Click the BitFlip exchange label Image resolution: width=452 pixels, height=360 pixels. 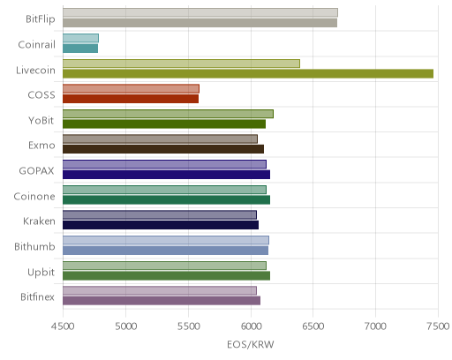[41, 19]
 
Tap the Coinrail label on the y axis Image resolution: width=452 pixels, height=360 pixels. [36, 45]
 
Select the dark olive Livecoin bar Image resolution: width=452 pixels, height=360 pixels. [248, 73]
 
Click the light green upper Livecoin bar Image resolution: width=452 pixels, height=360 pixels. [181, 64]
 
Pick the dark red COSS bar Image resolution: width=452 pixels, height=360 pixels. [131, 99]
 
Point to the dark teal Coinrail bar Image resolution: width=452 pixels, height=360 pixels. [80, 49]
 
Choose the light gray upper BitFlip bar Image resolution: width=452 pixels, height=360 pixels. [200, 12]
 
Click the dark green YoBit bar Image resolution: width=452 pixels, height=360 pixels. [164, 124]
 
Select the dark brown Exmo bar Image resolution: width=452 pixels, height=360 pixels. [163, 149]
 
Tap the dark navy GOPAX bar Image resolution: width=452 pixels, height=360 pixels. [166, 175]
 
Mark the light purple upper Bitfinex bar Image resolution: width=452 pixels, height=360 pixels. [160, 290]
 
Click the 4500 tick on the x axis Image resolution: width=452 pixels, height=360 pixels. [63, 326]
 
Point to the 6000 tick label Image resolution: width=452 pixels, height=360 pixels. [251, 326]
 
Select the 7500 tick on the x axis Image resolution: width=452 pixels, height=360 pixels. [439, 326]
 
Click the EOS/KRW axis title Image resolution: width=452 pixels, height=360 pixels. [251, 344]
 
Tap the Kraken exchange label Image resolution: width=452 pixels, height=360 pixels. [39, 221]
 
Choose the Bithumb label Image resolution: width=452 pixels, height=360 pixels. [34, 246]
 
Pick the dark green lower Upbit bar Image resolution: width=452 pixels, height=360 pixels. [166, 276]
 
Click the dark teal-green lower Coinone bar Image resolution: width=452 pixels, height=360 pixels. [166, 200]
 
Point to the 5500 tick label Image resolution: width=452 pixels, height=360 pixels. [188, 326]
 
